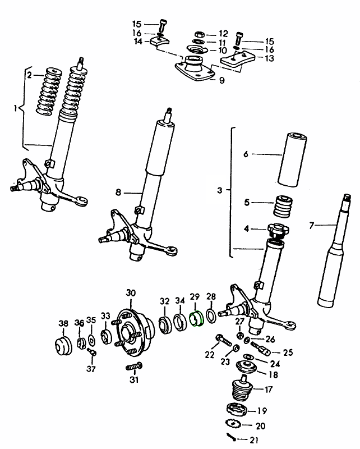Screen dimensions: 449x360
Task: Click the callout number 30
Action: click(131, 293)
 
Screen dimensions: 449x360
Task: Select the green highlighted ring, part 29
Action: click(196, 319)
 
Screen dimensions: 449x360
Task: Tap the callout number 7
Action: click(312, 225)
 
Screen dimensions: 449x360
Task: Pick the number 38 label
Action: click(63, 323)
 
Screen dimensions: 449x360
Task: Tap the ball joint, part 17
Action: click(242, 390)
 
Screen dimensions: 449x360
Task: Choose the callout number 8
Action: click(118, 193)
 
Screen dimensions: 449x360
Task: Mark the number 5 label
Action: click(246, 202)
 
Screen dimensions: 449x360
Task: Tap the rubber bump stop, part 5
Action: click(283, 207)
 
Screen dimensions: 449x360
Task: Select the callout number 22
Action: click(209, 355)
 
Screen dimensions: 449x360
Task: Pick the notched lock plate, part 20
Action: click(236, 423)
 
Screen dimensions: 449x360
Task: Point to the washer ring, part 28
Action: click(211, 317)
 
